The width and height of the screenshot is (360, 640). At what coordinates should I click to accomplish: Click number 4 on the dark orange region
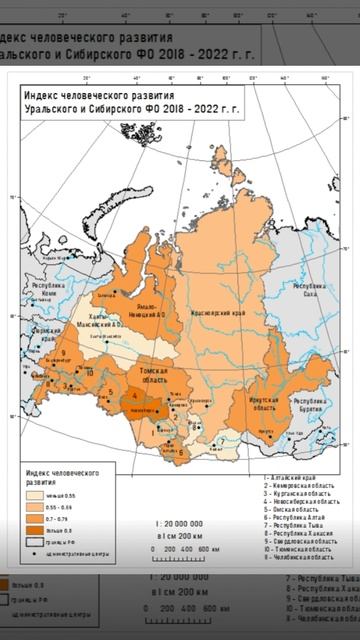tap(135, 397)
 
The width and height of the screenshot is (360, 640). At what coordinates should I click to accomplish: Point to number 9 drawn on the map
tap(62, 352)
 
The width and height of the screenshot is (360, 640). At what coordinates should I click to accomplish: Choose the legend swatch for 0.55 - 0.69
tap(35, 508)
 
